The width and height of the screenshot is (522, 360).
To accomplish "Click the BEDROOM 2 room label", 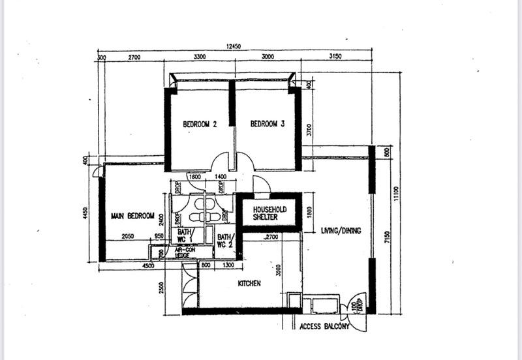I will point(199,124).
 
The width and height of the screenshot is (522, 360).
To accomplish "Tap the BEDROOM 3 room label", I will point(268,123).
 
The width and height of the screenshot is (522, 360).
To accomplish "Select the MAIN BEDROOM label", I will point(132,217).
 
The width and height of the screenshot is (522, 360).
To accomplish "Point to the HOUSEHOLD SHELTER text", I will point(260,213).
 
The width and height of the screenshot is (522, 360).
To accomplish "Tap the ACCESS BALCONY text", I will point(324,327).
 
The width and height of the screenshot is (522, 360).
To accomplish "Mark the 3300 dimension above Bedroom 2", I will point(200,57).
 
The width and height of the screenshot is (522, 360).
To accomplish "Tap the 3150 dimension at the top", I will point(336,57).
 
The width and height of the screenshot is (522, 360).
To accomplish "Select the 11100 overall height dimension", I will point(395,193).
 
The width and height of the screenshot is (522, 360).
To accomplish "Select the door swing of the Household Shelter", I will point(260,185).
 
